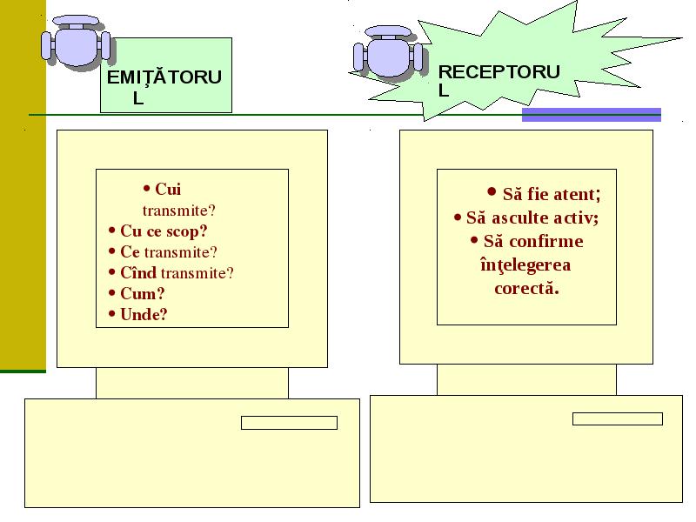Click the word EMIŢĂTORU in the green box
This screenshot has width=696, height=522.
[164, 77]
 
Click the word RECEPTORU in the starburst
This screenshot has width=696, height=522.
[499, 72]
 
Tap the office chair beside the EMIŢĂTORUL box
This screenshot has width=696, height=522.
[76, 41]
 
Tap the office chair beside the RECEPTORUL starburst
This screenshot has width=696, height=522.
[389, 51]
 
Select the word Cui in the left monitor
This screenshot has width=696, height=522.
[168, 189]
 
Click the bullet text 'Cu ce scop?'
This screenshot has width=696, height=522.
[164, 231]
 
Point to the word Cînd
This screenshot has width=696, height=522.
[138, 272]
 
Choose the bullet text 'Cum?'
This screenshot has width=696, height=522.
[143, 293]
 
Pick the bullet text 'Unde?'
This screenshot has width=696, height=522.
[144, 314]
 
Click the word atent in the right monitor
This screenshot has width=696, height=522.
[577, 194]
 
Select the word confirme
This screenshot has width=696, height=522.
[546, 241]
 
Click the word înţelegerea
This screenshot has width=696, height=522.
[525, 265]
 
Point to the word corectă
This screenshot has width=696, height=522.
[526, 289]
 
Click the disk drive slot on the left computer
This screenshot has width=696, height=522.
[289, 423]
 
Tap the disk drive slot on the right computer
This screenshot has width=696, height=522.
[618, 419]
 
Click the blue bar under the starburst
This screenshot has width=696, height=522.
[592, 115]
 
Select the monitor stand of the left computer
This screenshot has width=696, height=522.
[192, 383]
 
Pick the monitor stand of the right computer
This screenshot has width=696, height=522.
[526, 380]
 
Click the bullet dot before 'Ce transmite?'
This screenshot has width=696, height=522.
[112, 251]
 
